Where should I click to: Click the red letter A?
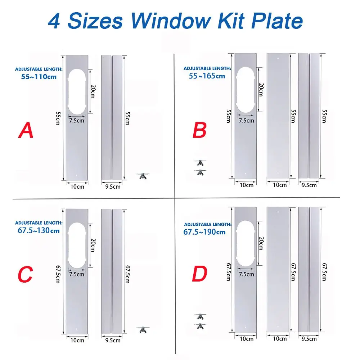[x=26, y=130]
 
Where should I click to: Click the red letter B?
[x=200, y=130]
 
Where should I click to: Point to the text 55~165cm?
[x=207, y=76]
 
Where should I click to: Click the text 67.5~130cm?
[x=38, y=230]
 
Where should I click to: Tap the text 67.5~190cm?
[x=204, y=232]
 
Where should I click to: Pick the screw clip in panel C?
[x=143, y=329]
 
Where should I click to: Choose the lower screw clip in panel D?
[x=200, y=325]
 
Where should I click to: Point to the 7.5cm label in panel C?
[x=76, y=274]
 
